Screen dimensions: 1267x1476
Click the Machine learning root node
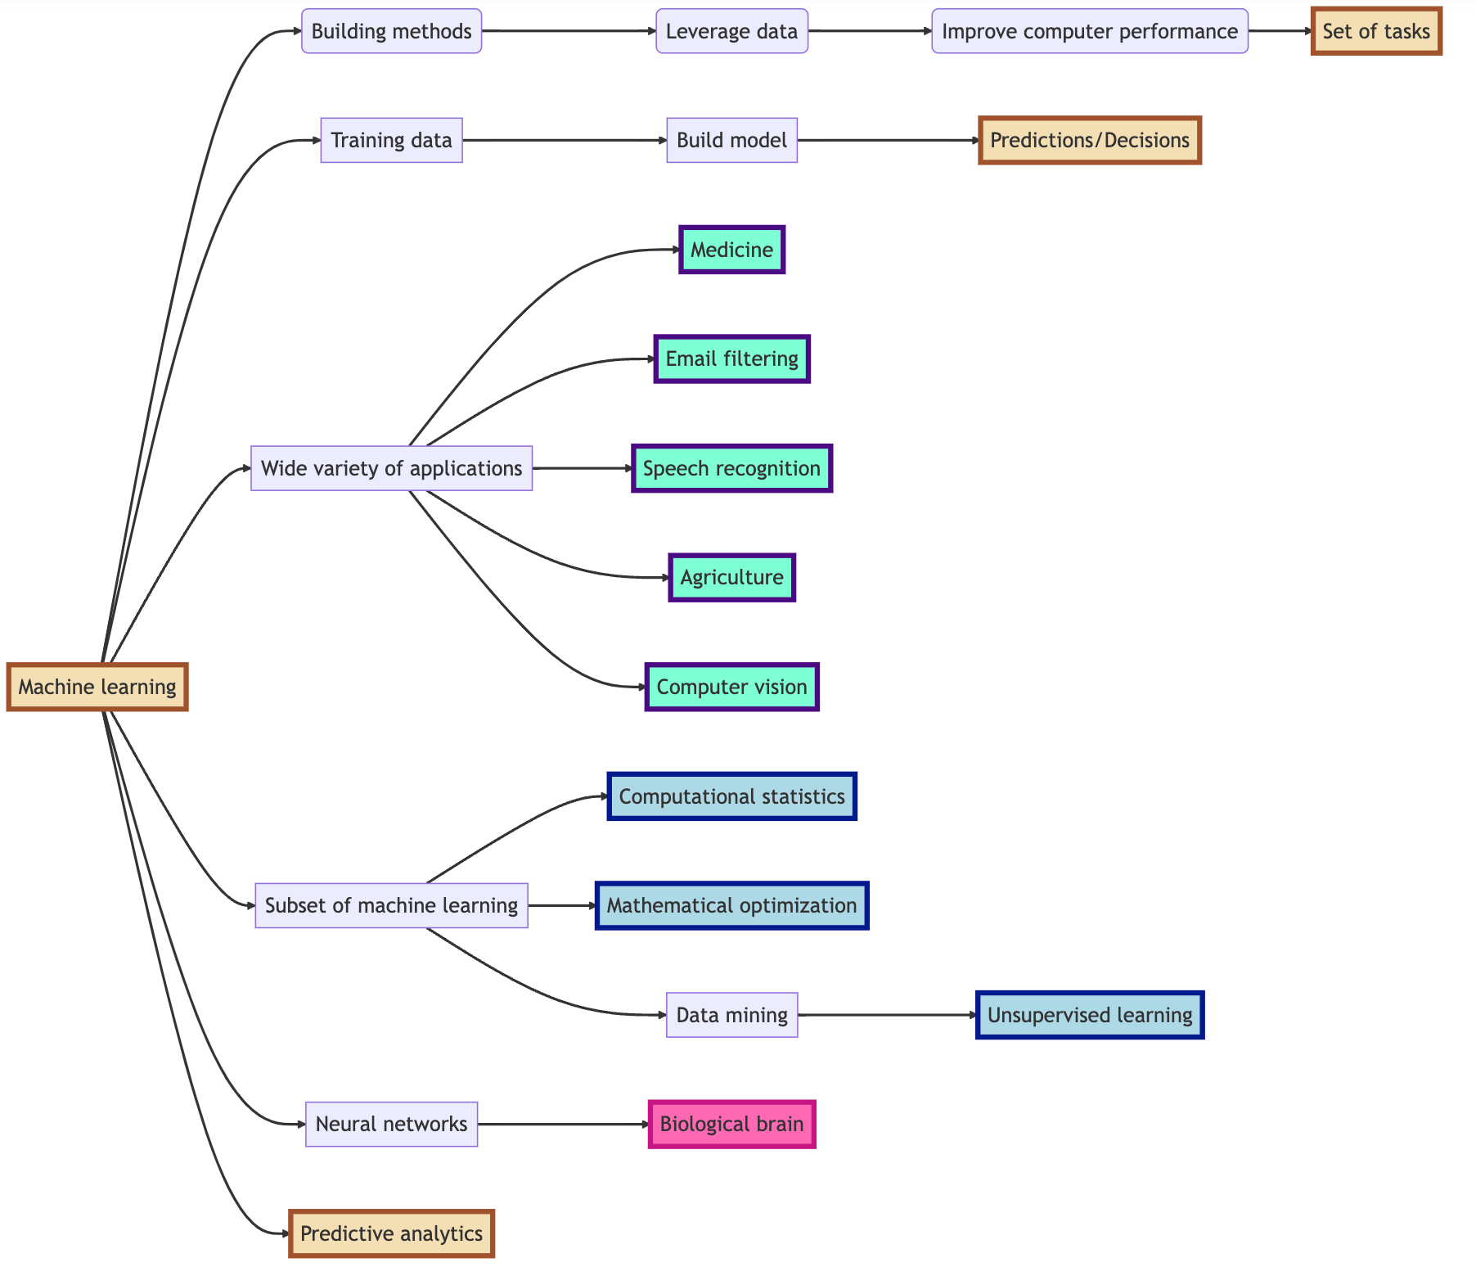97,687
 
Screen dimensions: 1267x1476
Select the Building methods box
391,31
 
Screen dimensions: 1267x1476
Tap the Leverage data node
731,31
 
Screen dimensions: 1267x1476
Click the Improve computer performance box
1089,31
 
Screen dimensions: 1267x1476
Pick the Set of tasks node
1376,31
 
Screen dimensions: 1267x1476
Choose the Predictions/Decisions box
1089,140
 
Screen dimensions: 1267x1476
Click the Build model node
731,140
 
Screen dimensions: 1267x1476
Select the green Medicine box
731,250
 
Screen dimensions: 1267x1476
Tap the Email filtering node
731,358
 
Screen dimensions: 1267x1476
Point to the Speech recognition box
731,468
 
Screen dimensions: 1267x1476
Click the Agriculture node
731,577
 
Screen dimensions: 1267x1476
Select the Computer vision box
731,687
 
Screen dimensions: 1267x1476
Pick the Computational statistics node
731,796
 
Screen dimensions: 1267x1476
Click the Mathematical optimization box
731,905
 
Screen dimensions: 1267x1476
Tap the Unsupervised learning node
1089,1015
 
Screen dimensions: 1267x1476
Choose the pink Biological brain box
731,1124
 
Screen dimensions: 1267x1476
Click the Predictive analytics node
391,1233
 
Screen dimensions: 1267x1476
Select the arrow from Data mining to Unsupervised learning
887,1015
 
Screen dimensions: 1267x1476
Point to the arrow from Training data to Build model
565,140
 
